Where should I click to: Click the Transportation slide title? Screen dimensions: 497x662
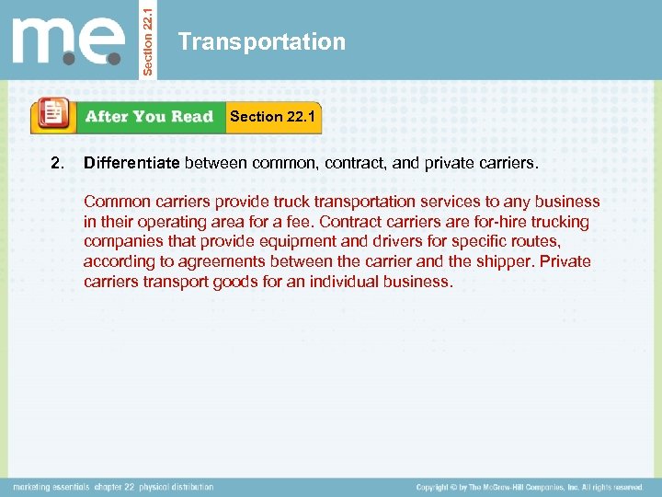click(x=262, y=42)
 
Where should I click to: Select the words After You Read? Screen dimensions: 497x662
click(x=149, y=117)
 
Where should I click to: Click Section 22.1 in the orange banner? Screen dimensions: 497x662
click(x=272, y=116)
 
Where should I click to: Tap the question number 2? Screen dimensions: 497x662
click(x=57, y=164)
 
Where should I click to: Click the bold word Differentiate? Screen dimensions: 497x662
click(x=132, y=164)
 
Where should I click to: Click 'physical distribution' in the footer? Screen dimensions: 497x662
click(x=176, y=487)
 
